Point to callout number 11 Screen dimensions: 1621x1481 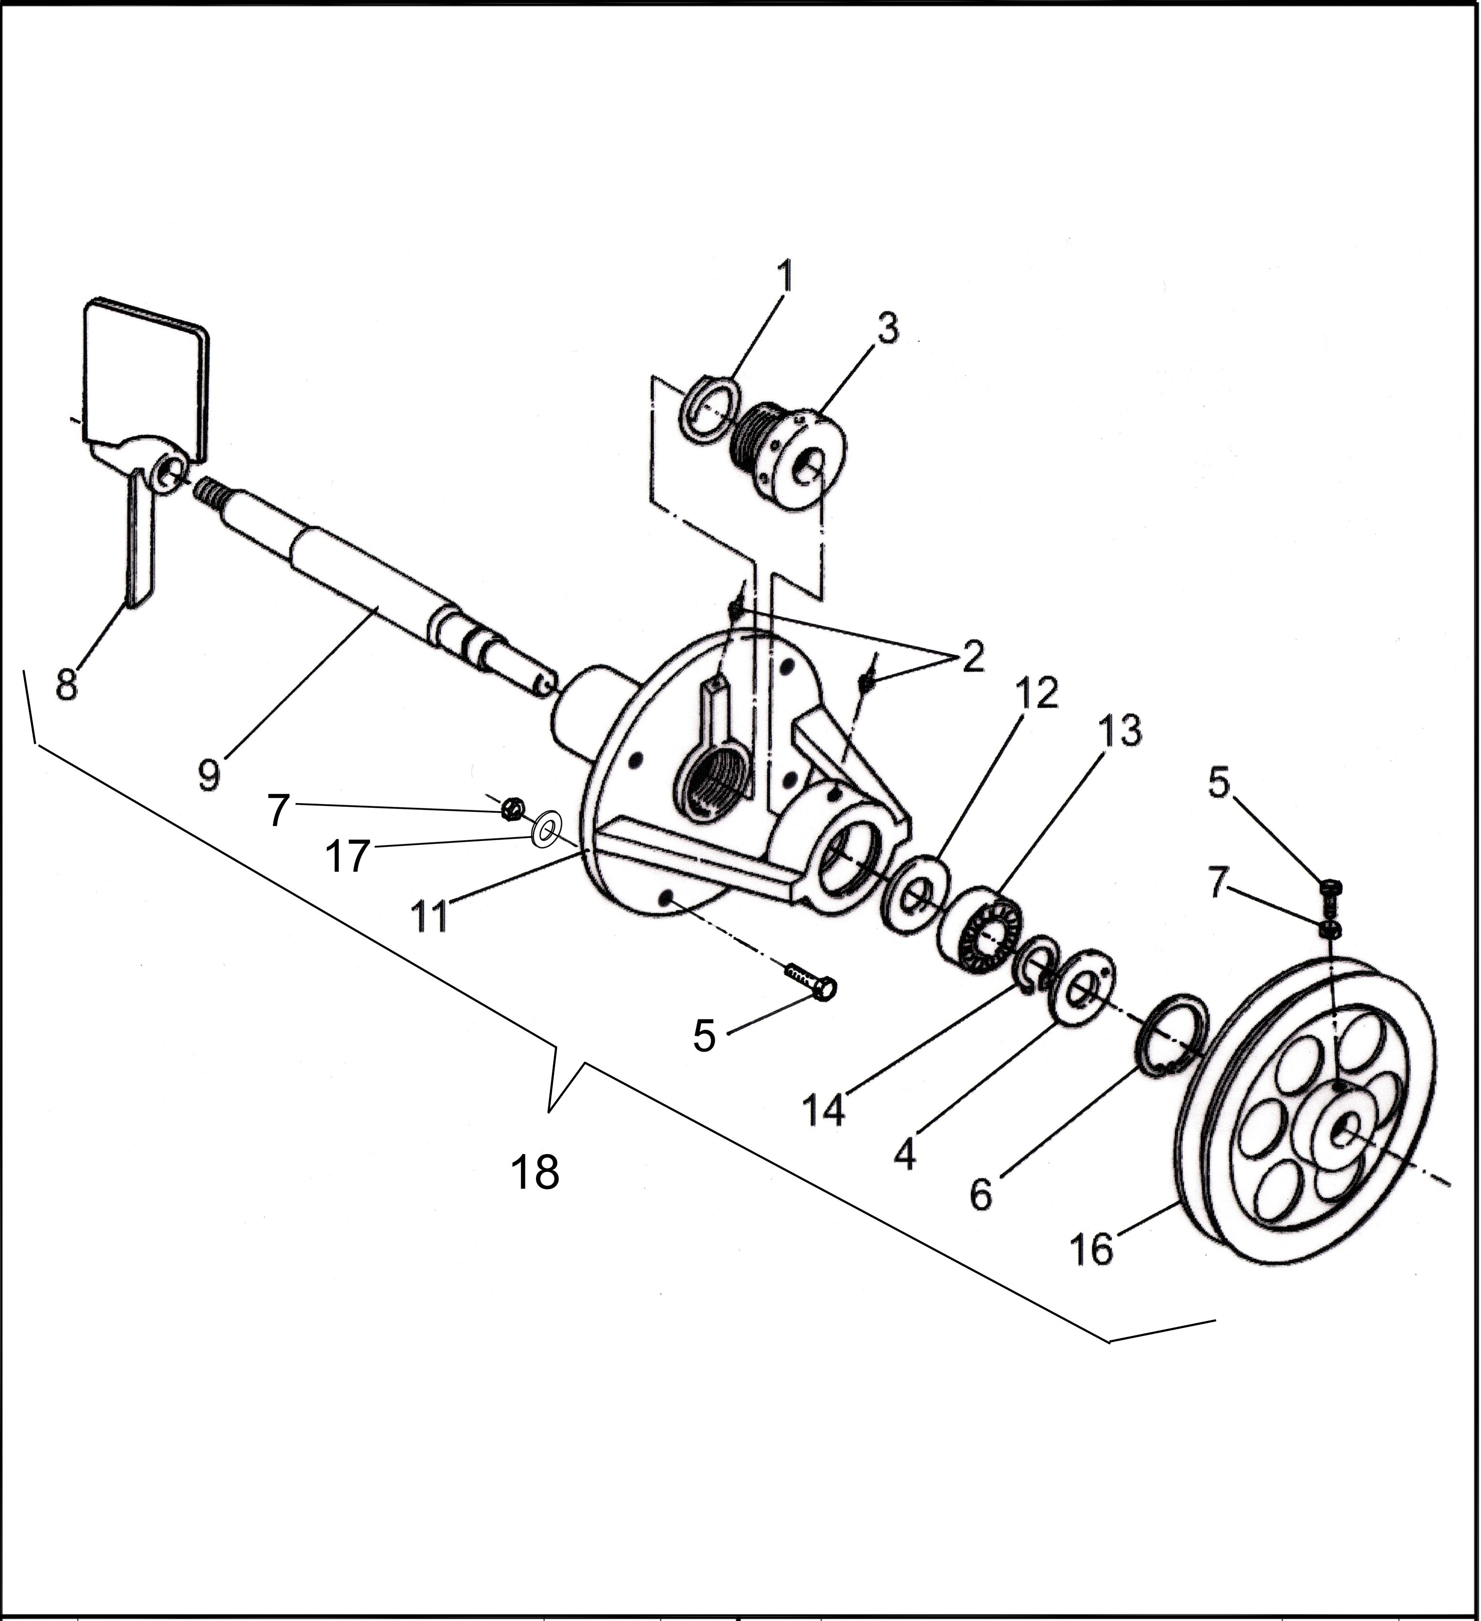point(429,916)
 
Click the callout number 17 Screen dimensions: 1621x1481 point(347,856)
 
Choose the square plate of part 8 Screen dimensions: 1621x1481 point(145,378)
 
